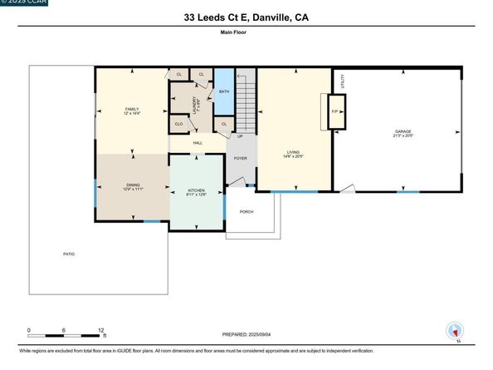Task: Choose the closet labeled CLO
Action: click(x=178, y=124)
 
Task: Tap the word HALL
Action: click(x=198, y=143)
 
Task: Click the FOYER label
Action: click(x=240, y=157)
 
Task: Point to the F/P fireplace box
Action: click(x=335, y=111)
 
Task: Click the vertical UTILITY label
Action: click(x=342, y=81)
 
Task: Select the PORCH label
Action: click(x=247, y=212)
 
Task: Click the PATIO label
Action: click(x=69, y=254)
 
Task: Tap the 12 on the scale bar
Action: click(x=100, y=330)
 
